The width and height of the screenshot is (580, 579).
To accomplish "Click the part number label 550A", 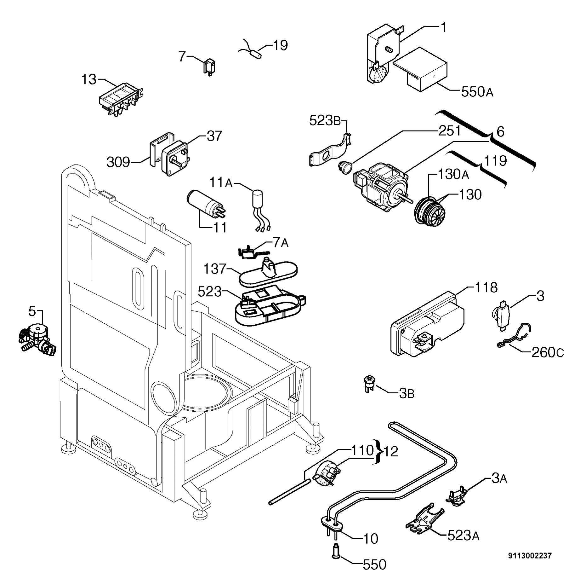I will pos(477,92).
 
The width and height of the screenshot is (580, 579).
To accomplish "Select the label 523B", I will pos(325,120).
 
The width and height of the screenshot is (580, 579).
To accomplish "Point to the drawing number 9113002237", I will pos(530,556).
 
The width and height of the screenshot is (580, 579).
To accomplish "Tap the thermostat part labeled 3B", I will pos(367,384).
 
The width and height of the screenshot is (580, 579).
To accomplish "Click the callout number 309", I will pos(118,162).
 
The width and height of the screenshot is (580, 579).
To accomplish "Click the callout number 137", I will pos(215,269).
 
